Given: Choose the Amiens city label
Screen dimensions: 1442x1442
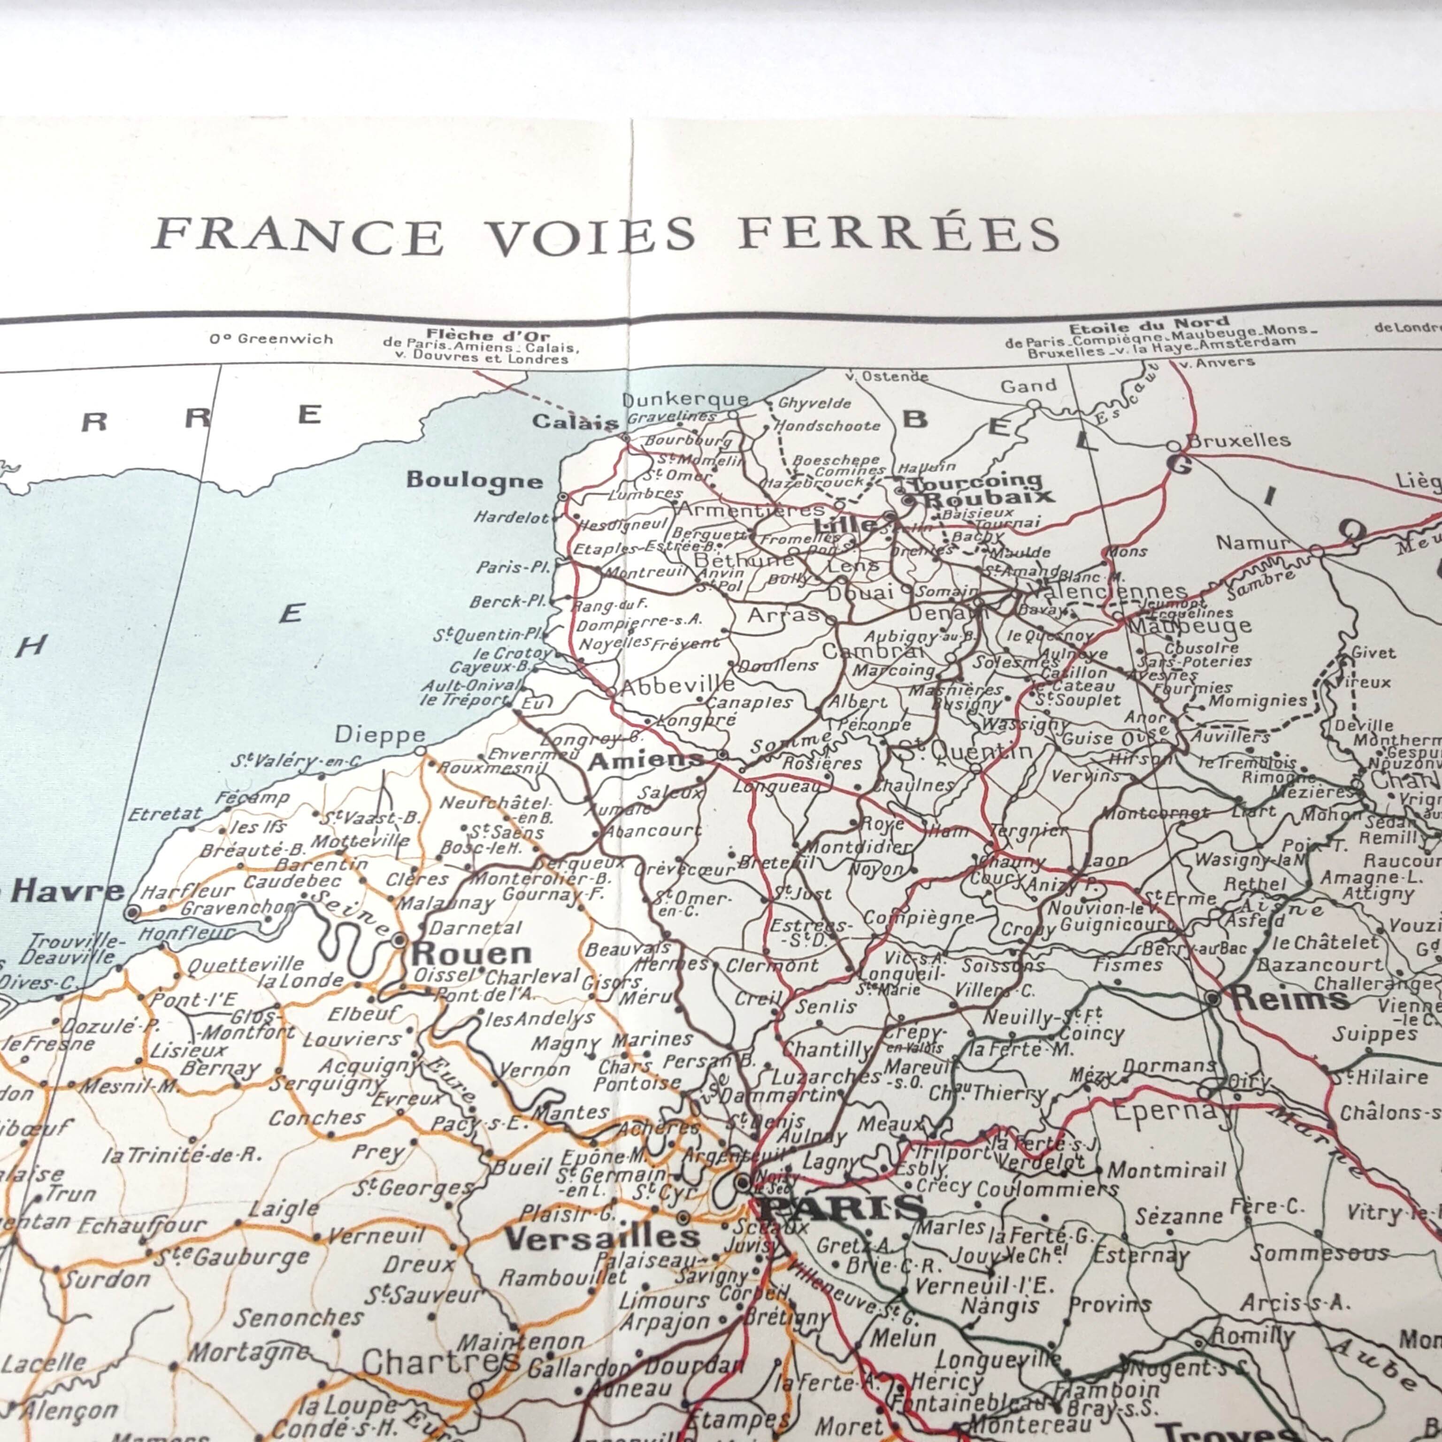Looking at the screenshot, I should click(645, 760).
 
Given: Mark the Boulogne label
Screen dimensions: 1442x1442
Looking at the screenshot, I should click(474, 480).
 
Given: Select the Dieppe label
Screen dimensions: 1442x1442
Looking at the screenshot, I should click(380, 735).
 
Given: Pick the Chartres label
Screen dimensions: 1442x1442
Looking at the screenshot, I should click(440, 1362).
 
